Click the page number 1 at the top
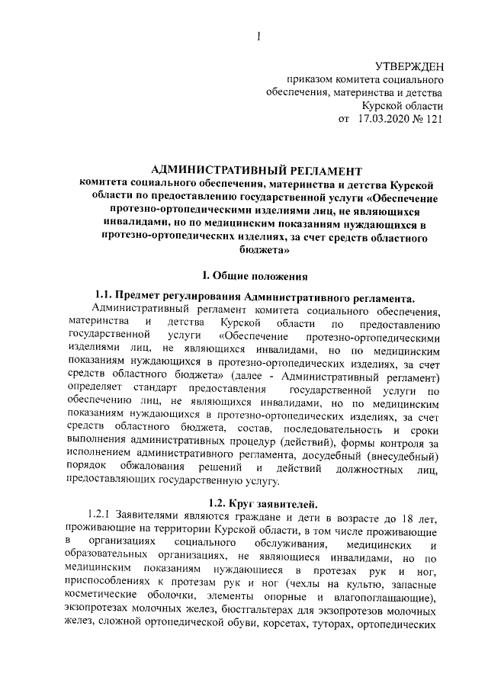point(259,35)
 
